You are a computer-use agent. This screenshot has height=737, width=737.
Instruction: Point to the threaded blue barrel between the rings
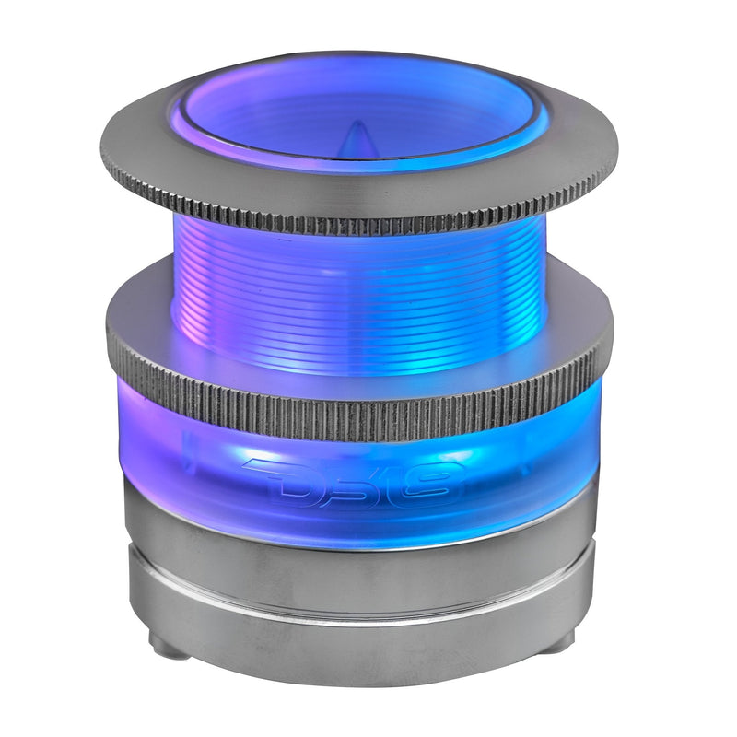(x=359, y=286)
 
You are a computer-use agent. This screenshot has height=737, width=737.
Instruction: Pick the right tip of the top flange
(x=615, y=157)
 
